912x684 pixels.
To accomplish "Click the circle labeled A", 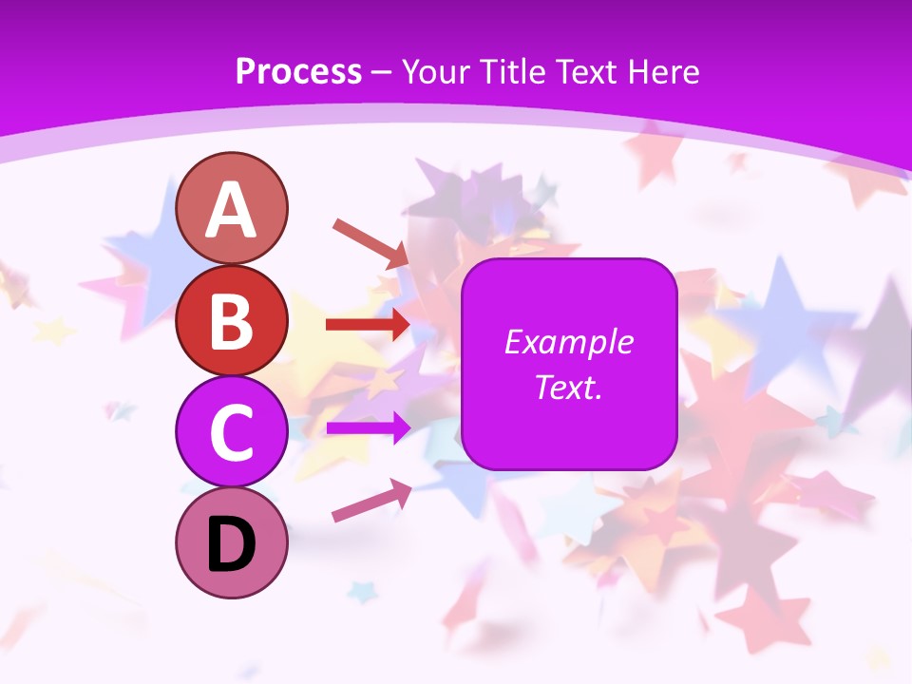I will (232, 208).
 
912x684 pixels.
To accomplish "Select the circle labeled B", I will (232, 320).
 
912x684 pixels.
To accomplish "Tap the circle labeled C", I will (232, 431).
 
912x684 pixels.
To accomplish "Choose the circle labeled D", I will (232, 542).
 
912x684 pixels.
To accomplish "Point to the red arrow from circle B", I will (368, 324).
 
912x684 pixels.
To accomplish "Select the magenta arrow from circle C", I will (368, 427).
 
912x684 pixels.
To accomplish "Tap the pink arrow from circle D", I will (371, 502).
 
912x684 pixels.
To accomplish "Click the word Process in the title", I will (298, 71).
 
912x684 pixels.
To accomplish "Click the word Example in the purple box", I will (568, 342).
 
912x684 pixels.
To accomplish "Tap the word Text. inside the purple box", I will (568, 388).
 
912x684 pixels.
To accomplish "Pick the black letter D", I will (232, 544).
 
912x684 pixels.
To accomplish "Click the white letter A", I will (232, 210).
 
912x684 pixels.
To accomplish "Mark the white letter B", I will (232, 321).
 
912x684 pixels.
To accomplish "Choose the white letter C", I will (232, 432).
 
